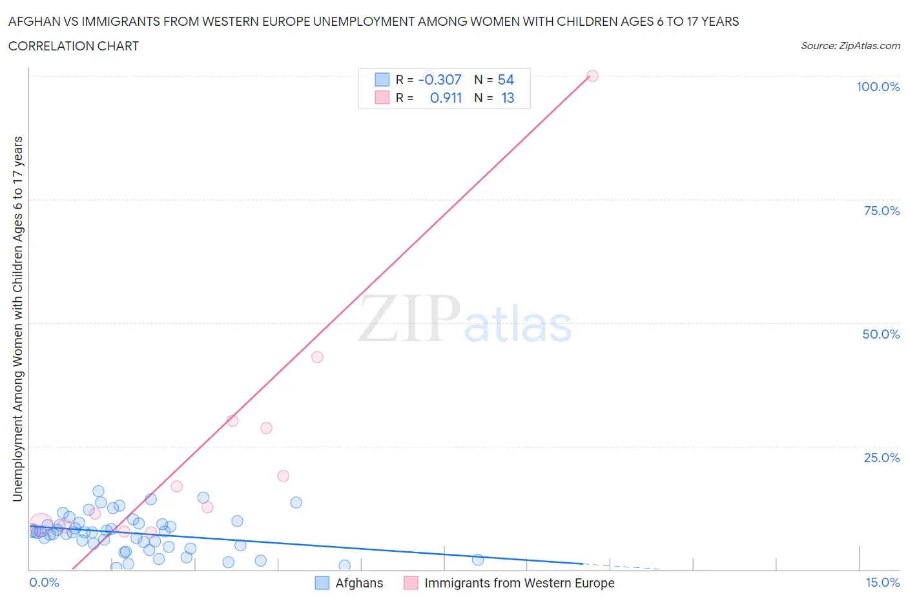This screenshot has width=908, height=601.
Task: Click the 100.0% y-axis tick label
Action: (x=878, y=87)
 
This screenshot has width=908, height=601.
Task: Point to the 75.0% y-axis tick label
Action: (x=882, y=211)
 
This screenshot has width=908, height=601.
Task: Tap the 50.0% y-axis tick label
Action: (x=881, y=334)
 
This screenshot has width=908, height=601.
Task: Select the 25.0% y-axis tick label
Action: (x=882, y=458)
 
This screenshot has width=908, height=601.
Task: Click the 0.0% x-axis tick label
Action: (x=44, y=582)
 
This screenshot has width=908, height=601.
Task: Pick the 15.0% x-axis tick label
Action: (x=882, y=582)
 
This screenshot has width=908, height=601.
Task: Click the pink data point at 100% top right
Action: (x=592, y=76)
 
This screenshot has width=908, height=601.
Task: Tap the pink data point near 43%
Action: (x=317, y=357)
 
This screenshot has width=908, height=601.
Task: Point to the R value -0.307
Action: (x=440, y=79)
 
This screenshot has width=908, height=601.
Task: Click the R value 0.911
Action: (x=446, y=98)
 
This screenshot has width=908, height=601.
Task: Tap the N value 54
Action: (x=506, y=79)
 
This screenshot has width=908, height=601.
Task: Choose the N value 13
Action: (x=508, y=98)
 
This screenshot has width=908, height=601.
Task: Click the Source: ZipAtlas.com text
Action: (x=850, y=45)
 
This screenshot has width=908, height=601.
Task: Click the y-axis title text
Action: (x=17, y=319)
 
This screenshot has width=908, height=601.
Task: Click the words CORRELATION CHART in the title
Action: (x=74, y=46)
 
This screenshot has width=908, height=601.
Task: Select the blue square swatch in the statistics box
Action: (x=382, y=79)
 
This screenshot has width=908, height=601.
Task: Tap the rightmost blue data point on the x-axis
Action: (x=477, y=560)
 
